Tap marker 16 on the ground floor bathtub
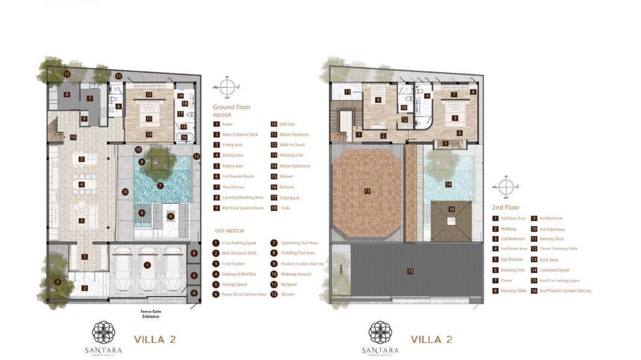184,137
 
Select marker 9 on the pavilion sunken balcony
171,216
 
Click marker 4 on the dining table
82,184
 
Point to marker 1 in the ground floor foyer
85,257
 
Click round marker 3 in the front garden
57,282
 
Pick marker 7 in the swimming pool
160,186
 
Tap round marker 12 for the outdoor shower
196,156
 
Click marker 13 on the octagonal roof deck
367,191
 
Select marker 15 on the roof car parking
410,271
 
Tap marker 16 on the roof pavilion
451,209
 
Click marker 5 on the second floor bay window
445,143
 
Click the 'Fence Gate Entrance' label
150,314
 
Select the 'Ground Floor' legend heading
232,107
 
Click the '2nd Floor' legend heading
505,208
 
